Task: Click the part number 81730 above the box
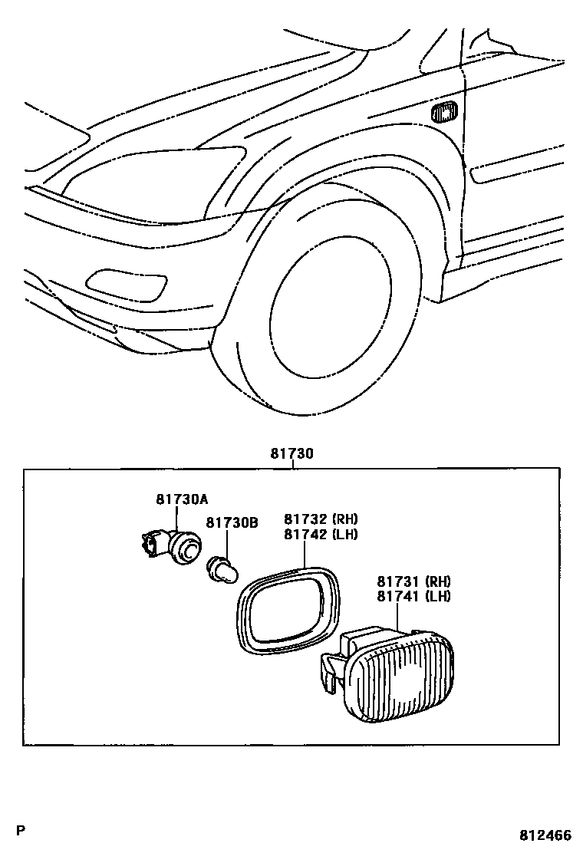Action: point(291,454)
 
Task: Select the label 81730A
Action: point(182,499)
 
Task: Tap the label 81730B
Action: point(231,523)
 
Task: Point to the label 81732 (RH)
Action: point(321,519)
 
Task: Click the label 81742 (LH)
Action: point(321,535)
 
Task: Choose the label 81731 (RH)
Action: point(413,581)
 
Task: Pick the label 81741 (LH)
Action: point(413,596)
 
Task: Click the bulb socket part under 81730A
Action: point(173,546)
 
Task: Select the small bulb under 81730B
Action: point(222,571)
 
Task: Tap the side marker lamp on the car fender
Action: point(444,113)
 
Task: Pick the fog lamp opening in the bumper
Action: point(127,284)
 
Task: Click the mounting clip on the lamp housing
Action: point(330,672)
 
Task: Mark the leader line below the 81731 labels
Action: point(398,621)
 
